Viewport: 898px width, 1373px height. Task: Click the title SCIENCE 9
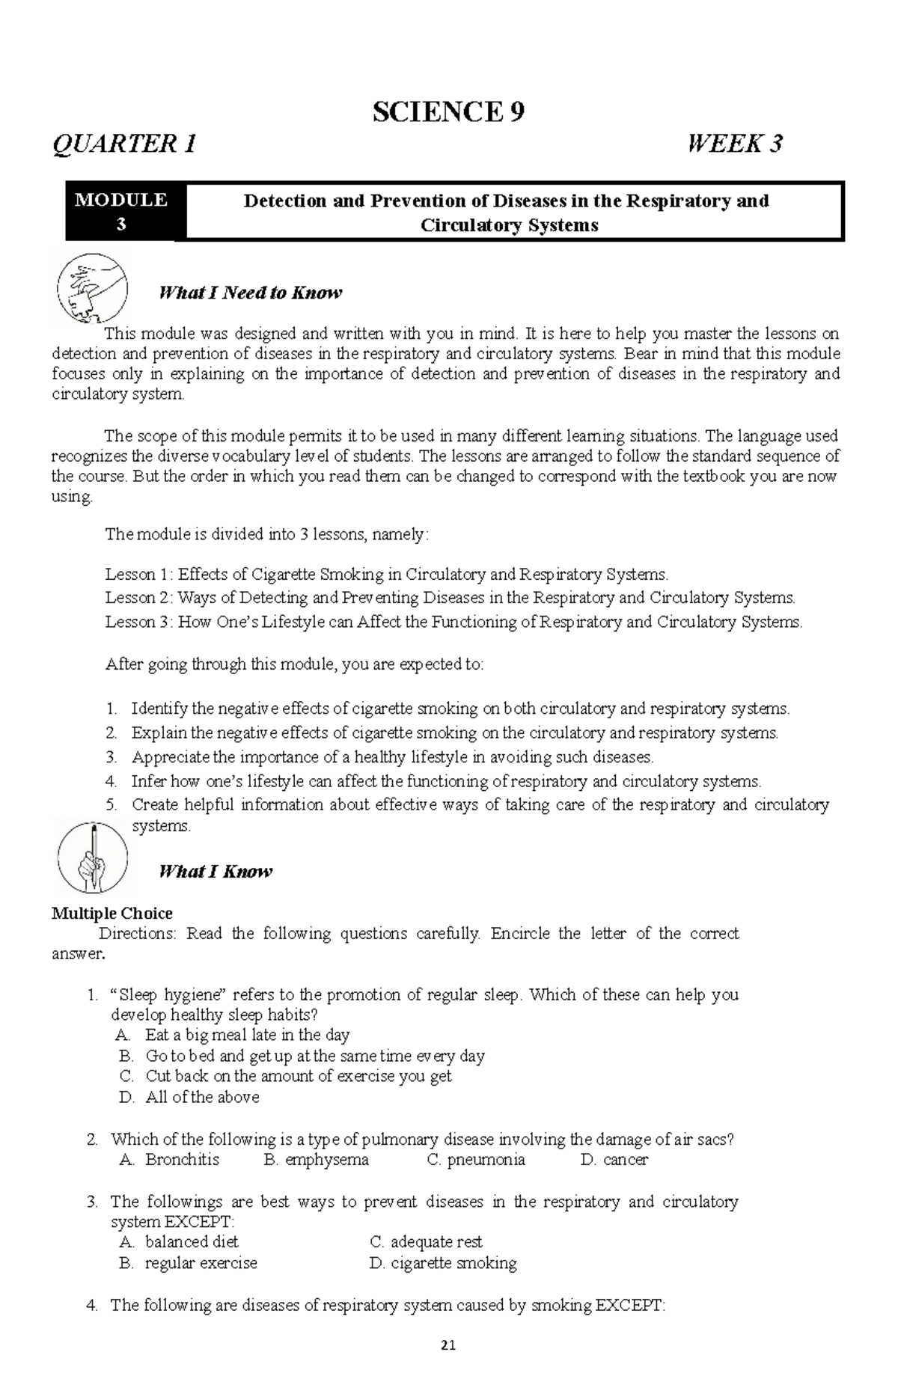448,112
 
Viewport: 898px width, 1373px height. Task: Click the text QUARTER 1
124,143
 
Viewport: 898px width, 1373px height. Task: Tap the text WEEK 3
735,143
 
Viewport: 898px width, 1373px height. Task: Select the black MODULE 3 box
120,212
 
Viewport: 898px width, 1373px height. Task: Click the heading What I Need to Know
250,293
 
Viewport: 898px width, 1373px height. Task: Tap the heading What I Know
216,871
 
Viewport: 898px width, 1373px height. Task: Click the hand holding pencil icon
93,857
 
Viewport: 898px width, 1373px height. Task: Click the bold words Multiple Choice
112,913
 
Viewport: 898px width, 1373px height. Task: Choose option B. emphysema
317,1160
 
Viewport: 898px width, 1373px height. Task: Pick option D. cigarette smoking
443,1263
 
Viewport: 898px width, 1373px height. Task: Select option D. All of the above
189,1097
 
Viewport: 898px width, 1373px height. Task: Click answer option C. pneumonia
476,1160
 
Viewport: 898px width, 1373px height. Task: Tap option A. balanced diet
180,1242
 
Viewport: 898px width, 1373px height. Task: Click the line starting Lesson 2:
449,598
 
